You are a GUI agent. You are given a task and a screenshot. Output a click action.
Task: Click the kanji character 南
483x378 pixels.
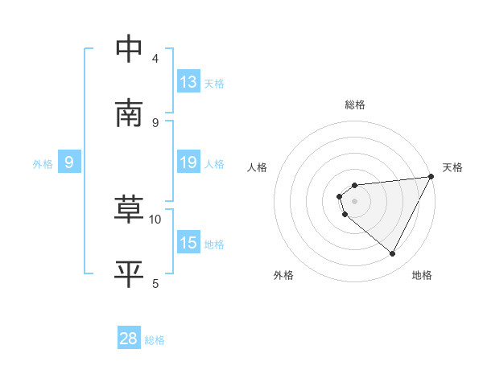130,113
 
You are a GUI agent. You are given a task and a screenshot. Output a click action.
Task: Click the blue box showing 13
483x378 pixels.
188,82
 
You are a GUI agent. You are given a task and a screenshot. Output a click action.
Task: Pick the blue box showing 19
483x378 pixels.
188,162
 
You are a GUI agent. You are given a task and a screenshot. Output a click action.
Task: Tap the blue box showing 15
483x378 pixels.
188,243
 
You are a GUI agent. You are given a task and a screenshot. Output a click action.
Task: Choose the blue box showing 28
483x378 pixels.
129,339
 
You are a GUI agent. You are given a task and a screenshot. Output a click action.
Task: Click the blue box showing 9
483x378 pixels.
69,162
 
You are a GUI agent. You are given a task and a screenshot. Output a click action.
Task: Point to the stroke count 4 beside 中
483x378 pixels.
155,58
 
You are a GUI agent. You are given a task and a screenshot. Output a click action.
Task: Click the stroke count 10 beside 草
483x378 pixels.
155,219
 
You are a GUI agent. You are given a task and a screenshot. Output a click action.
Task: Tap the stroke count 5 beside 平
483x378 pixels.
155,283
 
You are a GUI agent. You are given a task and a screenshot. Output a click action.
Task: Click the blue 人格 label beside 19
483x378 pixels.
214,163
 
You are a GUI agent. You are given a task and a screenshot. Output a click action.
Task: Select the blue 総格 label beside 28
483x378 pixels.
155,340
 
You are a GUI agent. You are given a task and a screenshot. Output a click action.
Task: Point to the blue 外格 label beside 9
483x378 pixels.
43,163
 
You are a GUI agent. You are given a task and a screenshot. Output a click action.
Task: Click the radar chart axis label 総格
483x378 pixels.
355,105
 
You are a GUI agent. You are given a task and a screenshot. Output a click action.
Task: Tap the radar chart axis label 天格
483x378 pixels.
453,167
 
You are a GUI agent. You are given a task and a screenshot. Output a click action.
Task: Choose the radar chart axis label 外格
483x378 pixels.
283,275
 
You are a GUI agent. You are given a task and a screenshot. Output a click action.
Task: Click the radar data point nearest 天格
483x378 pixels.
431,177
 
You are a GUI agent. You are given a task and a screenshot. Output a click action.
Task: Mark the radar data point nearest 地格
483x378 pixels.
393,253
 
